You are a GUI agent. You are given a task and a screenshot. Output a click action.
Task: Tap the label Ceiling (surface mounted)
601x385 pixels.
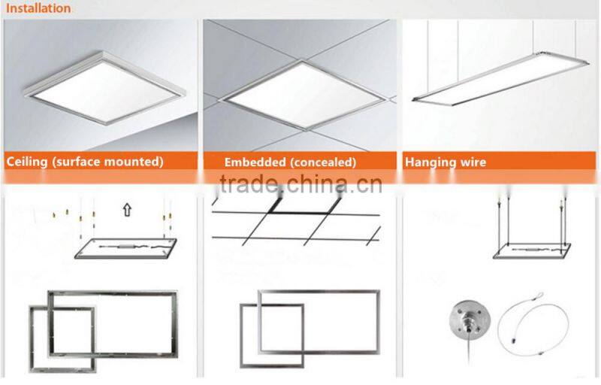pos(84,162)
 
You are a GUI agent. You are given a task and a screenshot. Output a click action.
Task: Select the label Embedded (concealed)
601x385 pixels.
pos(290,162)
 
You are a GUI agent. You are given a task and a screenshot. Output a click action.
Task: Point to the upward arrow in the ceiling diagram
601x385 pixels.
pos(126,210)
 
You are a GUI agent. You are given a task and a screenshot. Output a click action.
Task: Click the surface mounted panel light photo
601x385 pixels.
pos(101,83)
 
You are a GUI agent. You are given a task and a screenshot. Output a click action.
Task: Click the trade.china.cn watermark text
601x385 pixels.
pos(300,183)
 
